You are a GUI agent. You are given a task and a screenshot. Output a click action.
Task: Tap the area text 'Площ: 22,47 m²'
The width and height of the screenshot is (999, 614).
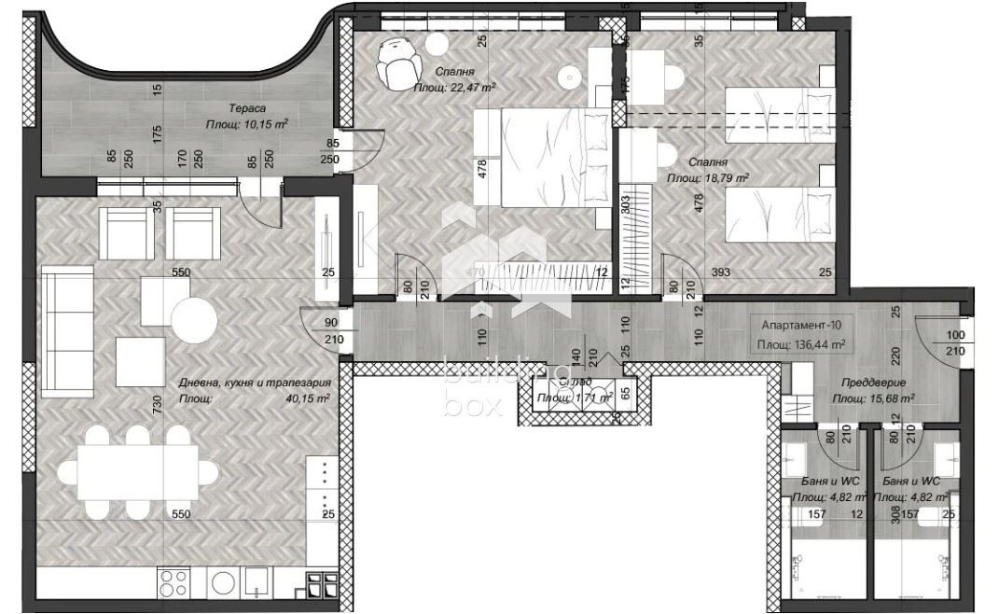point(454,87)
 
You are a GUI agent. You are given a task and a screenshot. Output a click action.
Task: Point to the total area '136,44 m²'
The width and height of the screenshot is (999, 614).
point(824,343)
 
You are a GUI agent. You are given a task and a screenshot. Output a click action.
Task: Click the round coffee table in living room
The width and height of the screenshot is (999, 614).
point(198,321)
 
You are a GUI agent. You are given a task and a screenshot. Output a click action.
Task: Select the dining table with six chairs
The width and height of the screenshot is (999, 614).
point(138,472)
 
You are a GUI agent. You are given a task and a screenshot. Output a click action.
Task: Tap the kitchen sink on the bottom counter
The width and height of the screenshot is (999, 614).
point(255,584)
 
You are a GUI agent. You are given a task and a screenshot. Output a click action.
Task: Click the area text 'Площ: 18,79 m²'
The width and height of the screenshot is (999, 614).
point(707,176)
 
